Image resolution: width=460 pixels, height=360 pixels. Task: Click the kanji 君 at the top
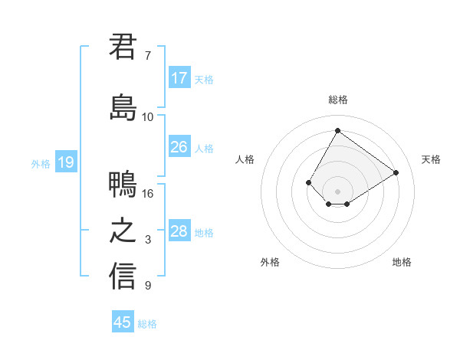(123, 47)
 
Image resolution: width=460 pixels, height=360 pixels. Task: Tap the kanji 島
(123, 107)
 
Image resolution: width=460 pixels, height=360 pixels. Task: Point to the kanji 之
(123, 231)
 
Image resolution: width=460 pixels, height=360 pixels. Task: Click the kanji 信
(123, 276)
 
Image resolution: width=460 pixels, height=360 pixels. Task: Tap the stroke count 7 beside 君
(148, 56)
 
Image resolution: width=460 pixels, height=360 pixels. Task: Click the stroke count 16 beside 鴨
(148, 193)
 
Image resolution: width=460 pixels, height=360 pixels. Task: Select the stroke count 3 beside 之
(148, 240)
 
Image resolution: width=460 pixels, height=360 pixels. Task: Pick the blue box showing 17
(179, 78)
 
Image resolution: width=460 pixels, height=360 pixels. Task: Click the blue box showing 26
(179, 147)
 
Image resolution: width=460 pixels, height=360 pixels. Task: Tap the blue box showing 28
(179, 231)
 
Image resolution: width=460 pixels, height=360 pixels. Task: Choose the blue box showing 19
(65, 162)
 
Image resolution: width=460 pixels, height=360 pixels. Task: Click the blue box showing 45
(123, 322)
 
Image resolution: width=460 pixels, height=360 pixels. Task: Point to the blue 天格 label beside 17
(204, 80)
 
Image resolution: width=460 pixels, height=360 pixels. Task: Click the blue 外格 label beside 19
(41, 163)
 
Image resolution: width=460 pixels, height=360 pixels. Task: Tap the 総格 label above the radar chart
(337, 100)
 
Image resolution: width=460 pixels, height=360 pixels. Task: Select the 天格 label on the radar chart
(431, 159)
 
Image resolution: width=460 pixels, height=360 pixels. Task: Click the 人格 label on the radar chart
(245, 159)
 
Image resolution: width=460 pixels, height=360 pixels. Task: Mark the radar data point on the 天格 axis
(396, 172)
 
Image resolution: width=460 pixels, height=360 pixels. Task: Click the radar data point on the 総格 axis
(337, 130)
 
